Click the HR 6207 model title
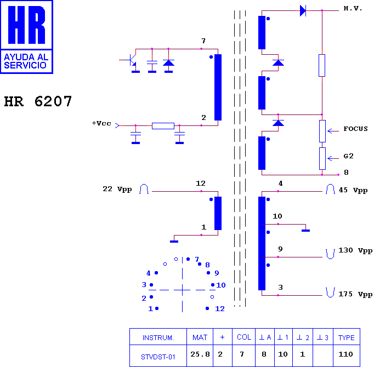coord(38,101)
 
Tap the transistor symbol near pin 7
coord(131,60)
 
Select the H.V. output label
coord(353,9)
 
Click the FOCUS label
coord(355,129)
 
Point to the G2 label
coord(348,156)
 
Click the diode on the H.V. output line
coord(303,11)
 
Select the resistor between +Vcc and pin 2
coord(163,126)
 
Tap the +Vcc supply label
coord(101,123)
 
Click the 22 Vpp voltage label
coord(117,189)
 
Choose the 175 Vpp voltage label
coord(355,294)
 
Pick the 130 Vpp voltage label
coord(355,250)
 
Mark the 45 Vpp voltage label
coord(353,190)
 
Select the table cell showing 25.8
coord(200,354)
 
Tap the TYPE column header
coord(347,337)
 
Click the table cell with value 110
coord(345,354)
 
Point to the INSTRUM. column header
coord(158,338)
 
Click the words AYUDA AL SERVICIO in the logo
coord(26,61)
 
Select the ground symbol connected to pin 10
coord(305,231)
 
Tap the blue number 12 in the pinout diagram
coord(220,309)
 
